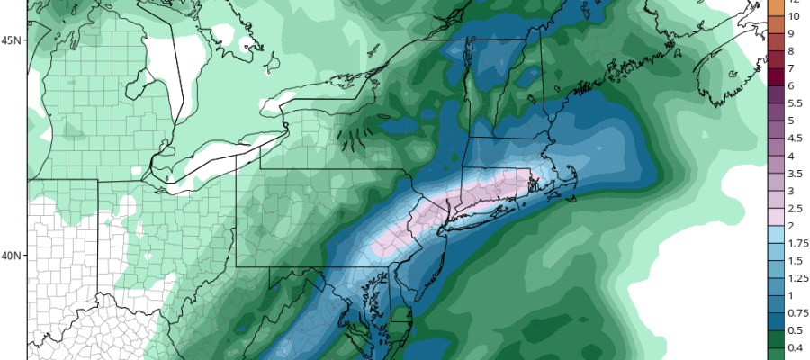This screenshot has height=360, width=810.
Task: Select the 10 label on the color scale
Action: (x=794, y=17)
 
